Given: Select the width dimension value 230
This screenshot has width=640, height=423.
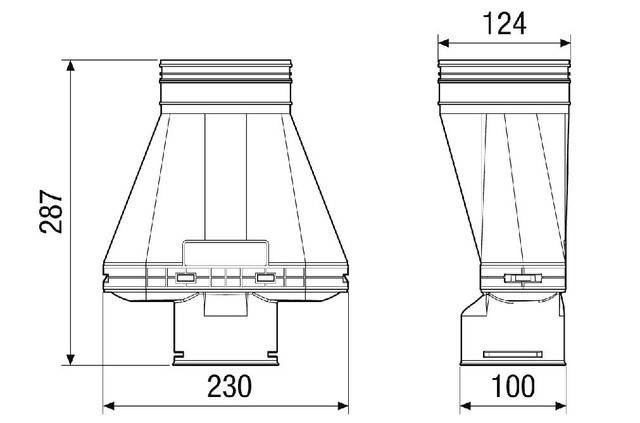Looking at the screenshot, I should pyautogui.click(x=228, y=386).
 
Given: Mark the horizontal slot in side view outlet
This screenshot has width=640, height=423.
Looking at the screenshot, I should pyautogui.click(x=511, y=352).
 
